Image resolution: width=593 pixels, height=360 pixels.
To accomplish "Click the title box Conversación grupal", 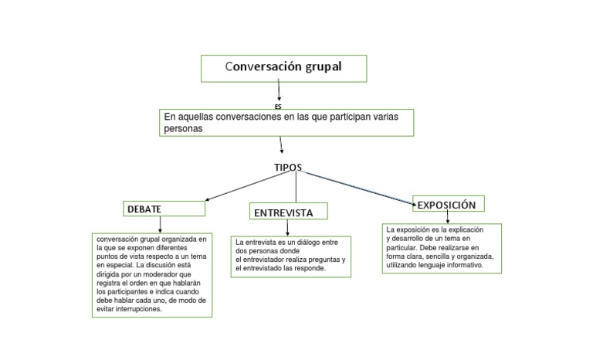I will click(x=283, y=67).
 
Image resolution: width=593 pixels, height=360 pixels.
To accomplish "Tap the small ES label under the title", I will click(x=279, y=105).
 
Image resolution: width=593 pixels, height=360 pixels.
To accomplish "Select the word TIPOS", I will click(x=288, y=168).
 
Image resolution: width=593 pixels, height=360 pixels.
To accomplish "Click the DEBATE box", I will click(x=164, y=209).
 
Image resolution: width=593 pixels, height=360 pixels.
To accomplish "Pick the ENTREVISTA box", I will click(x=287, y=212).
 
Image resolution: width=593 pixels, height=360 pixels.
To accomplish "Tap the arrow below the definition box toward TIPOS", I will click(x=282, y=144).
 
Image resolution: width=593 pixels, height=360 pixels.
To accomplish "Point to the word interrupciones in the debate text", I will click(x=138, y=309).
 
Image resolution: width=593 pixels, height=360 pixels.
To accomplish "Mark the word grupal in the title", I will click(x=318, y=67).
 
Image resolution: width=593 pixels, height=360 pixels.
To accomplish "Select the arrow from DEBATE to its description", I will click(x=161, y=224).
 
